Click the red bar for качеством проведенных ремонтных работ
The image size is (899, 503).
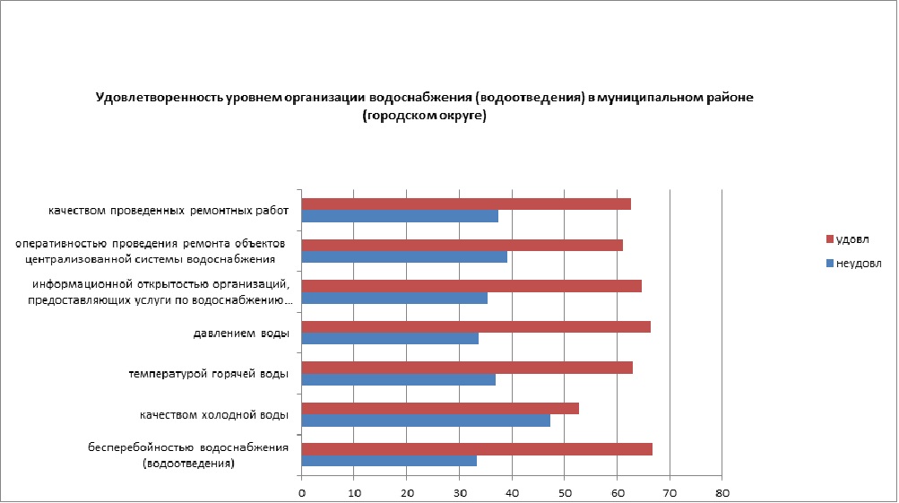466,204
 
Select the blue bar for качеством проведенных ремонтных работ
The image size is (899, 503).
400,216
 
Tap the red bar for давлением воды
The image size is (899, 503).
476,326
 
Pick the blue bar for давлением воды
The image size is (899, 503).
390,339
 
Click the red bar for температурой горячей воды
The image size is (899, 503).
467,368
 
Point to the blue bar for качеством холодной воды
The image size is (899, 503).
426,421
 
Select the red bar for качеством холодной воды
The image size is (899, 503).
440,408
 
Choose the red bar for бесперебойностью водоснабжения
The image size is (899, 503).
477,449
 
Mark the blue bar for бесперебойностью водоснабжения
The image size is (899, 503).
389,461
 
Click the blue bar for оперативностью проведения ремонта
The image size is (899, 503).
404,257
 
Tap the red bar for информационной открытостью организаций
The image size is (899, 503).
471,286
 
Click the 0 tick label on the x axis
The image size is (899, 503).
302,492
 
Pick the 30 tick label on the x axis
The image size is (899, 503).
460,492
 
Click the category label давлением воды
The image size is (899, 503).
241,334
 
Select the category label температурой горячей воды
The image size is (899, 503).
208,374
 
